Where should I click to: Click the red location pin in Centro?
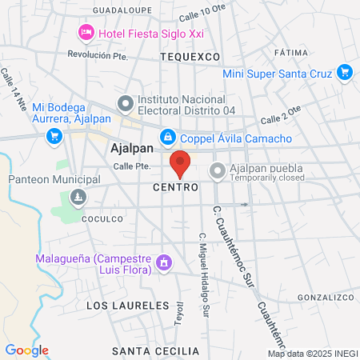point(180,163)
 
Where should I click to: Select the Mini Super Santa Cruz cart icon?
point(345,73)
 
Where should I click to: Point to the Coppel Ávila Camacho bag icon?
point(167,138)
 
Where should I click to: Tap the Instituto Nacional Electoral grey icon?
point(125,103)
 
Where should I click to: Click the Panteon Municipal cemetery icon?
point(78,197)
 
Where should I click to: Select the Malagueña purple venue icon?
point(164,262)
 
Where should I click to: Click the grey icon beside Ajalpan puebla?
point(217,170)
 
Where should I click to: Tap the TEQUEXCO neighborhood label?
point(190,58)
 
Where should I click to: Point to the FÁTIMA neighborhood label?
point(290,52)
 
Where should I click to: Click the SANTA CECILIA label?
point(155,330)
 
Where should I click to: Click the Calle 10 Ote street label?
point(202,14)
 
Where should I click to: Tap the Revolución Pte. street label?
point(98,55)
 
